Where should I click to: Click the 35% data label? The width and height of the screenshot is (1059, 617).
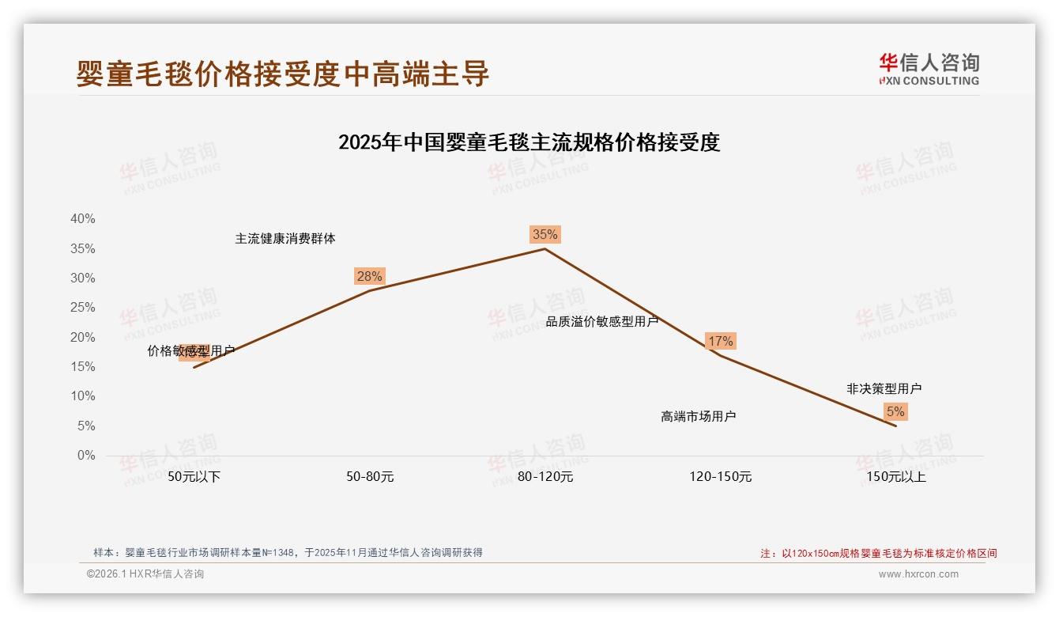545,234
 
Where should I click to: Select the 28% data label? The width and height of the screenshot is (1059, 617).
369,276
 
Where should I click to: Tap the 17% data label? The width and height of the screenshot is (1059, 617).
720,341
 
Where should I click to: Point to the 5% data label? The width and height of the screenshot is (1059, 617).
895,411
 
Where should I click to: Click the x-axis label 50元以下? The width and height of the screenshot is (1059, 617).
194,477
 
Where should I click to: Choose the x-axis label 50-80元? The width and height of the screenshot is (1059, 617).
370,477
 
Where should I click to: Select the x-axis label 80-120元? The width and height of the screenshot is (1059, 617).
545,477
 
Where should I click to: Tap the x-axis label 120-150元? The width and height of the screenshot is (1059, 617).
721,477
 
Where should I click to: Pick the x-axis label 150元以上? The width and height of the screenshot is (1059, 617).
896,477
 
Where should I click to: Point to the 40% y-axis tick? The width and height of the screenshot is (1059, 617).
83,219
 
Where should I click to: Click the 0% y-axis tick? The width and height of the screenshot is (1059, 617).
86,456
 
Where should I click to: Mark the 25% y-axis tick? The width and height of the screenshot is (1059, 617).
83,308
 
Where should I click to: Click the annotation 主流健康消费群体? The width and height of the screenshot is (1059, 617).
285,238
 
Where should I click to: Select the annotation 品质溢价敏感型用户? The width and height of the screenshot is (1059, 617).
602,322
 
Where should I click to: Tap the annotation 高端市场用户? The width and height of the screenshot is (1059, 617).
699,416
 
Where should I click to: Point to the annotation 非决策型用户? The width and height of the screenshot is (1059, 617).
884,388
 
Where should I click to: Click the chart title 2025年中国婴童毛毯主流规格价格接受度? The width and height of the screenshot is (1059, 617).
529,142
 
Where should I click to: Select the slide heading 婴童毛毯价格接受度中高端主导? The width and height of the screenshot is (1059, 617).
283,74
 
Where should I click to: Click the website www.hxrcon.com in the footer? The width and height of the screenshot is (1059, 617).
918,574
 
